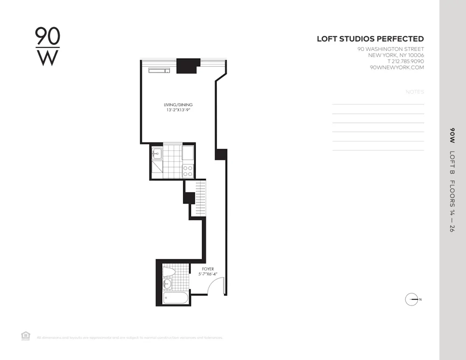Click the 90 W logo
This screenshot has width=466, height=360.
point(48,47)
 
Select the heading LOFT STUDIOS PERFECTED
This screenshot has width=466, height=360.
point(370,39)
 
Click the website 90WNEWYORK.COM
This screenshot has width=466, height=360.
point(396,67)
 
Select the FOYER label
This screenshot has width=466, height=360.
point(208,269)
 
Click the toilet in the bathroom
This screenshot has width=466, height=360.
point(168,272)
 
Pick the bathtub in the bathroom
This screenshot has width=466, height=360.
point(172,299)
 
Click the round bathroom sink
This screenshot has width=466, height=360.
point(167,284)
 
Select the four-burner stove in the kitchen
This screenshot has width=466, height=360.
point(188,171)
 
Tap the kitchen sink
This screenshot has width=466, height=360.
point(156,152)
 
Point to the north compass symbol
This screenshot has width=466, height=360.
point(411,299)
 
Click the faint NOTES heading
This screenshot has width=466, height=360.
point(415,92)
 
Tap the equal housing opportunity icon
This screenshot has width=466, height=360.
point(25,336)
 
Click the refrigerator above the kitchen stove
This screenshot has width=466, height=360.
point(188,153)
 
